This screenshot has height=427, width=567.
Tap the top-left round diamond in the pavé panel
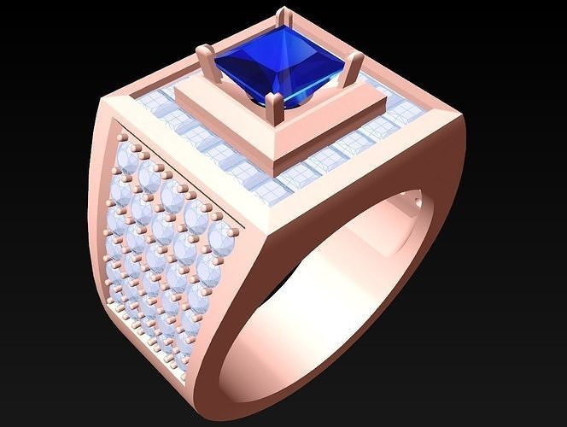tap(130, 155)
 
